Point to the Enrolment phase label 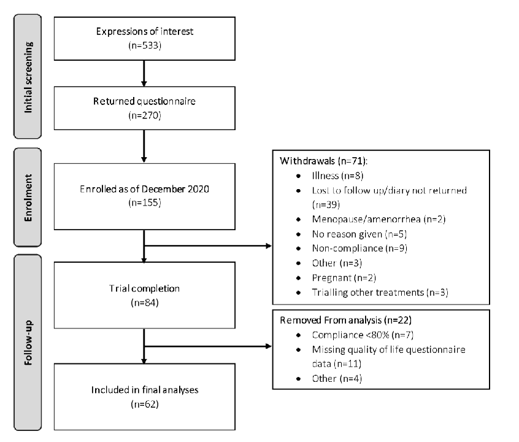[x=29, y=196]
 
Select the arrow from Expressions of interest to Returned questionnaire [x=143, y=73]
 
